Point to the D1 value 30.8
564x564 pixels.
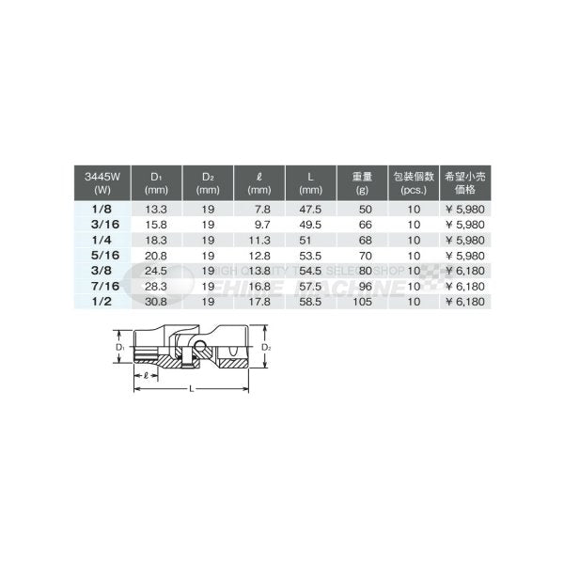[x=159, y=299]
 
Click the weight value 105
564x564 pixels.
[x=362, y=299]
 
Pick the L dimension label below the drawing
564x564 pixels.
[x=192, y=387]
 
